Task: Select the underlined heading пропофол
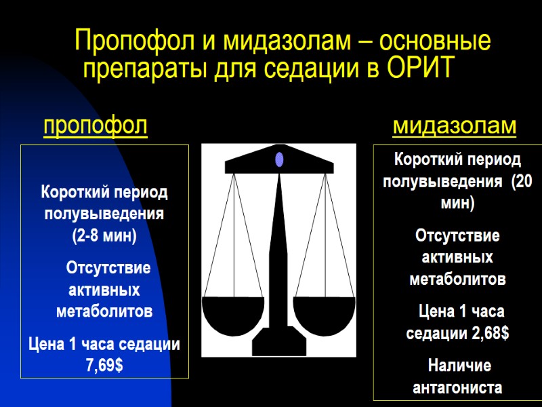click(96, 126)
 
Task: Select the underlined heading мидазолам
click(455, 126)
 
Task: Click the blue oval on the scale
click(279, 160)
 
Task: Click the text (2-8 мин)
click(104, 236)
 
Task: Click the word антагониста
click(457, 388)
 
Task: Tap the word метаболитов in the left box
click(104, 311)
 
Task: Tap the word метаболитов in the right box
click(457, 279)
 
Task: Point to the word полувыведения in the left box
click(104, 214)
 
